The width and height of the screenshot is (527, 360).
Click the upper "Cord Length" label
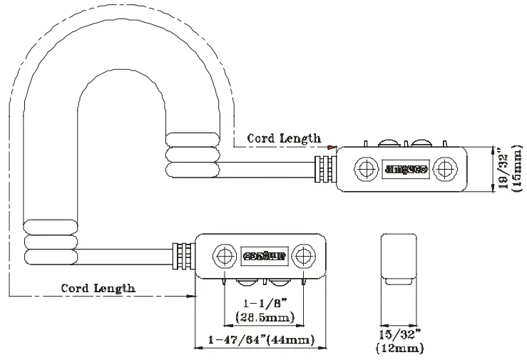[284, 138]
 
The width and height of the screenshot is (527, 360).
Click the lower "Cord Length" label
[98, 288]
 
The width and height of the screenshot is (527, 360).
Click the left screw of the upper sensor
[367, 168]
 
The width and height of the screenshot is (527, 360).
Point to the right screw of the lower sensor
[306, 254]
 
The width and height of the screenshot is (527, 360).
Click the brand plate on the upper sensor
[406, 169]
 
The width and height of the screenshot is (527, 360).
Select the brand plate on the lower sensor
[265, 254]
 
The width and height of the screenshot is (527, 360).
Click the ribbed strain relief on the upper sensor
[326, 170]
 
